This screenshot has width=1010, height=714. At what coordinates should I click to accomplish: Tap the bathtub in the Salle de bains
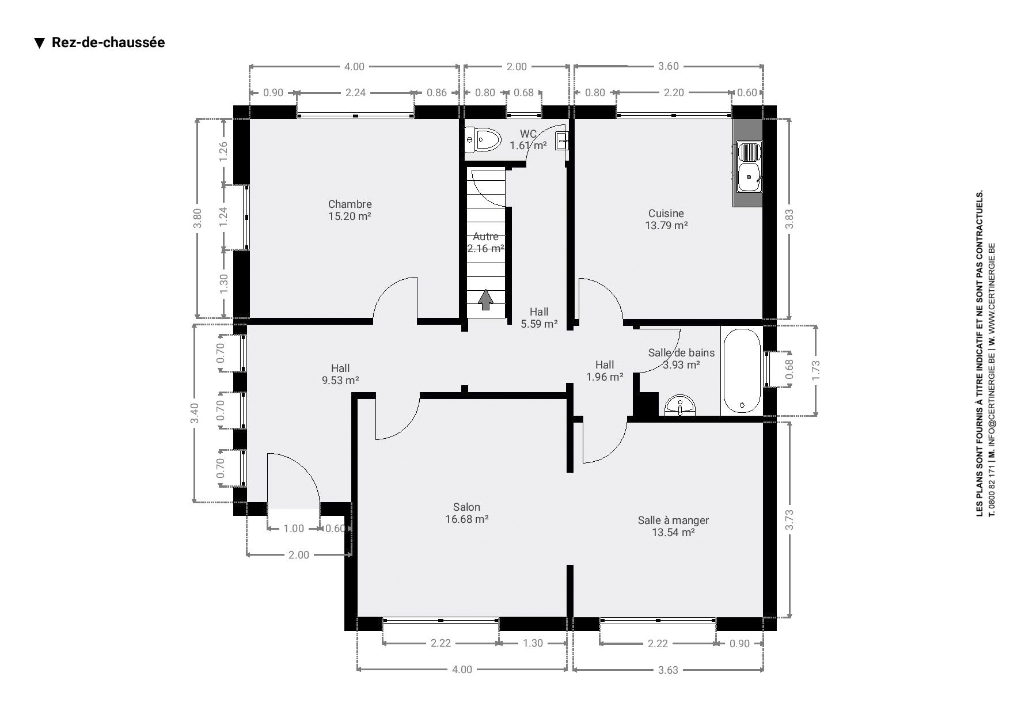click(x=742, y=370)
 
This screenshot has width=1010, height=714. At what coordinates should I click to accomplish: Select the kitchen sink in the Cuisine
click(x=749, y=167)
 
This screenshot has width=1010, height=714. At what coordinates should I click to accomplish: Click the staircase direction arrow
click(x=486, y=299)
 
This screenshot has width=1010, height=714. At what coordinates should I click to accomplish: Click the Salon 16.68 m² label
click(x=466, y=513)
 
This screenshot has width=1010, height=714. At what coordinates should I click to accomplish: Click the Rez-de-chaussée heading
click(x=108, y=43)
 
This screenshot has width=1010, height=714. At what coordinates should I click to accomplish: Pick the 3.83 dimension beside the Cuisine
click(x=789, y=219)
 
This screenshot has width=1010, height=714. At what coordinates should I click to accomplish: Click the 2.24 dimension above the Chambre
click(x=355, y=92)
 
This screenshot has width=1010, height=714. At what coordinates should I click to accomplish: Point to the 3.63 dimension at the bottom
click(x=668, y=670)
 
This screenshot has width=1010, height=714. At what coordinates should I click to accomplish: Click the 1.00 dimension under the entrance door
click(x=294, y=529)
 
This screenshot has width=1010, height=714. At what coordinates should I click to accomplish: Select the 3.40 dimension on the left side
click(x=195, y=413)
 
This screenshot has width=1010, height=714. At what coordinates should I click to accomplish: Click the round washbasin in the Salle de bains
click(x=680, y=405)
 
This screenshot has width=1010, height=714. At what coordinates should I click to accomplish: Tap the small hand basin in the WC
click(x=562, y=140)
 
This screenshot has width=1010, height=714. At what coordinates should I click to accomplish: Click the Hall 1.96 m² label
click(x=605, y=371)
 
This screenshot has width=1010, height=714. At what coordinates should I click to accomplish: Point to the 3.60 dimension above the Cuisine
click(x=669, y=66)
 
